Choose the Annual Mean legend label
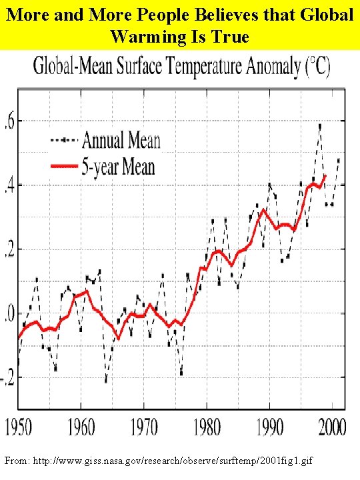click(120, 141)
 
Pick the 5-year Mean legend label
click(119, 165)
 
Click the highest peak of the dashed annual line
click(320, 125)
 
